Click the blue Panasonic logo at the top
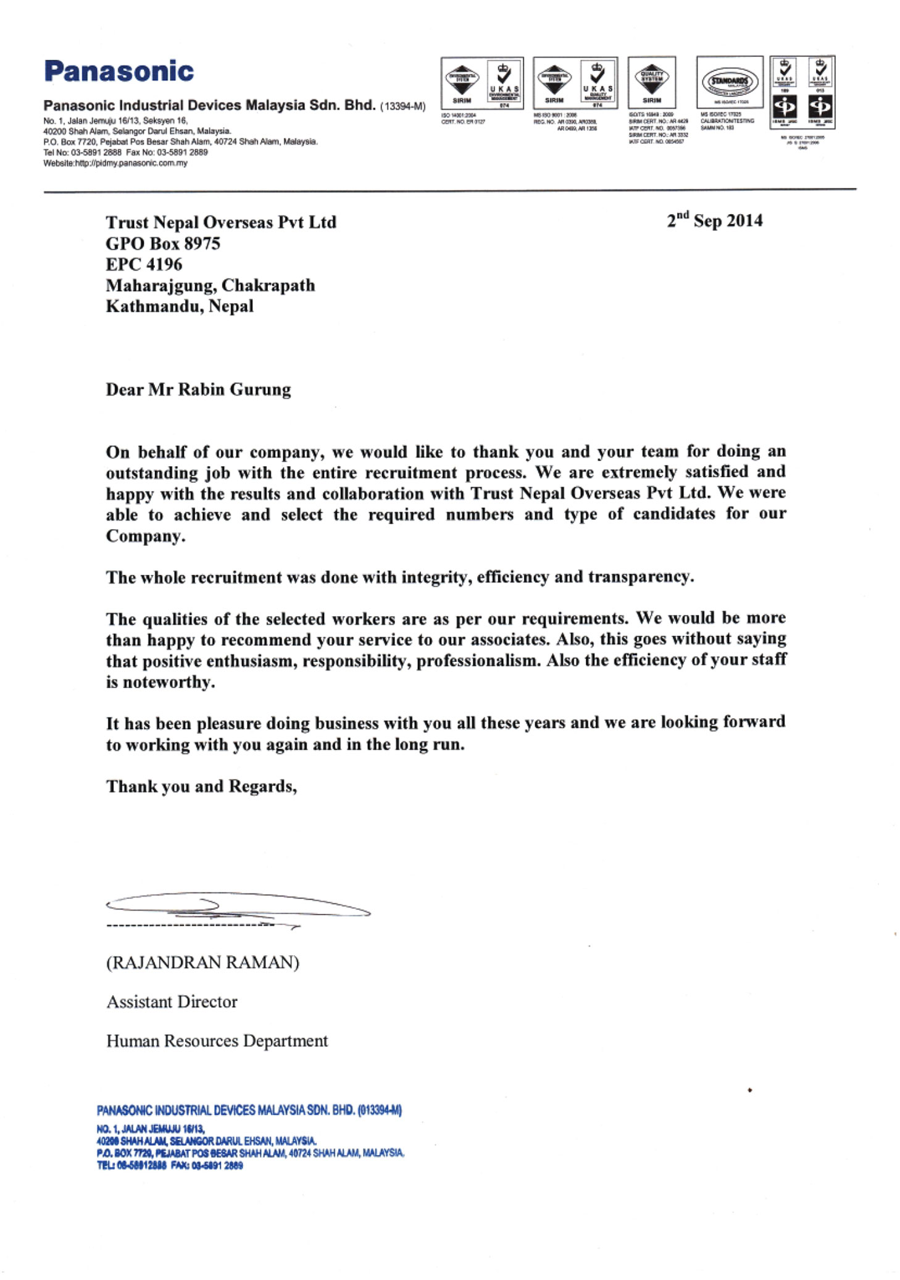click(x=119, y=71)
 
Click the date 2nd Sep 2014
click(x=714, y=220)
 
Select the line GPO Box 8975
click(x=163, y=243)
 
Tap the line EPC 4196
click(x=144, y=264)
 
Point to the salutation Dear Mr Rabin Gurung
click(x=198, y=390)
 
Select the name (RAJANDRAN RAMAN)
click(x=202, y=962)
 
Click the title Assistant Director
click(x=172, y=1002)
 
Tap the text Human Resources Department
click(x=217, y=1041)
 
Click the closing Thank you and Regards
click(x=201, y=786)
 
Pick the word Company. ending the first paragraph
click(x=146, y=536)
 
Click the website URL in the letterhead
click(x=115, y=163)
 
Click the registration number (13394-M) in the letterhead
click(x=402, y=106)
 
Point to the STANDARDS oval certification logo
click(x=730, y=82)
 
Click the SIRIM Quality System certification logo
click(x=652, y=82)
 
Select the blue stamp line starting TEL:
click(x=170, y=1165)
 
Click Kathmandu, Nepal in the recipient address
click(x=179, y=306)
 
